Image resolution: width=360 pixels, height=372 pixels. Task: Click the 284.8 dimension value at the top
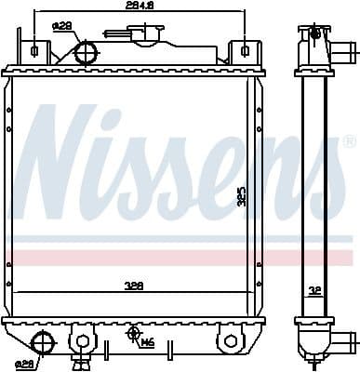click(140, 7)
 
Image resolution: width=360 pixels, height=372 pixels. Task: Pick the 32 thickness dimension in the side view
click(315, 289)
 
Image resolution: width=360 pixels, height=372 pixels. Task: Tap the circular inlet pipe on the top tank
click(86, 52)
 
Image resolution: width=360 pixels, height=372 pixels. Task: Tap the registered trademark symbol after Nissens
click(349, 141)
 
